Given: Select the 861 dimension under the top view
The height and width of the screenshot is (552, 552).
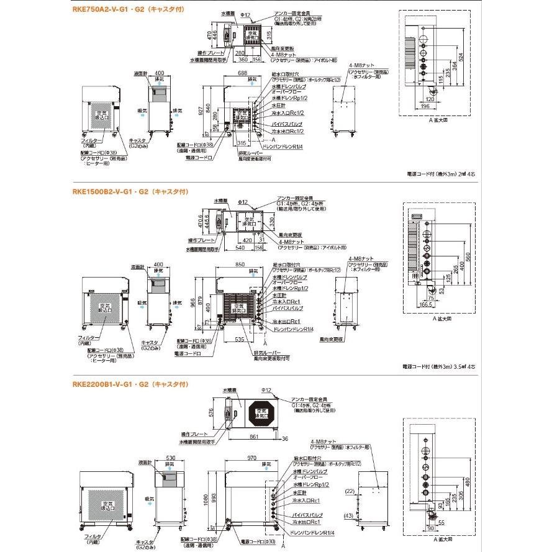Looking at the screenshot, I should tap(251, 437).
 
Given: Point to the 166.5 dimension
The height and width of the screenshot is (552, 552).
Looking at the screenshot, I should tap(425, 305).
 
